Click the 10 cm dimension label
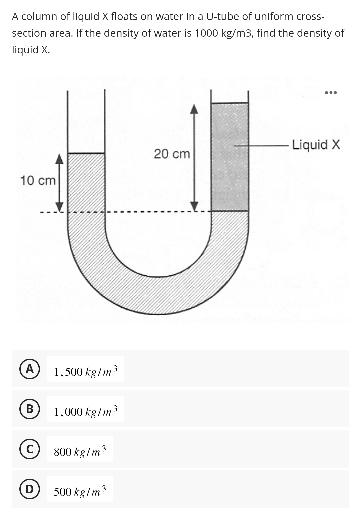(38, 181)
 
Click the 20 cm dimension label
(172, 154)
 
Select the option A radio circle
(30, 369)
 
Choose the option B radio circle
(30, 409)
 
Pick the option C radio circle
(30, 449)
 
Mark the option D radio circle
(30, 489)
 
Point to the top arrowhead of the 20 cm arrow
(195, 109)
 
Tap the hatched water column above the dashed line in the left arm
(86, 182)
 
